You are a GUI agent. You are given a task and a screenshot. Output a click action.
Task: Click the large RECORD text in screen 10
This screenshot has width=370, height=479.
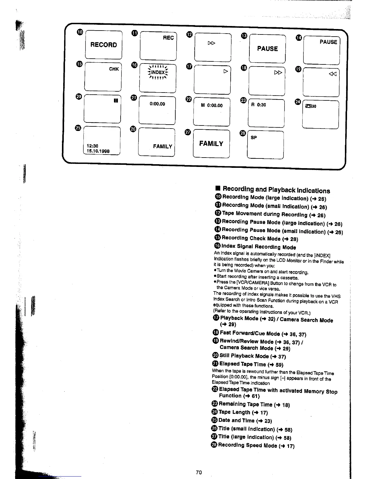click(x=103, y=45)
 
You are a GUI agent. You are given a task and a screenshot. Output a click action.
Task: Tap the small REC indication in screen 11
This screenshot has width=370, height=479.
click(x=168, y=38)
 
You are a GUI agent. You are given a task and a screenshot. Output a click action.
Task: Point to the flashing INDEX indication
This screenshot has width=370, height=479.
click(x=158, y=73)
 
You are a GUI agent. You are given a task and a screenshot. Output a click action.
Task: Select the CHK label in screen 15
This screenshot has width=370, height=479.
click(x=114, y=69)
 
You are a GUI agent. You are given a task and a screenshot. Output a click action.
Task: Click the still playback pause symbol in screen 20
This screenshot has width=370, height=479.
click(x=115, y=100)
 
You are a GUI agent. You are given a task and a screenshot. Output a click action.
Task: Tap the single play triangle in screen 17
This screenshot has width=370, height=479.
click(x=225, y=71)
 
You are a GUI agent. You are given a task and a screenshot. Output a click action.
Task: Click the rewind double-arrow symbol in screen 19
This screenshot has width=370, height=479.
click(x=333, y=74)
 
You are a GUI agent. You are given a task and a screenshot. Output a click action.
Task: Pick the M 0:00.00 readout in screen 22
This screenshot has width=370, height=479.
click(x=212, y=106)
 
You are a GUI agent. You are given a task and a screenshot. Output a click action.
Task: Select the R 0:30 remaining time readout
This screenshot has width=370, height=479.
click(x=258, y=105)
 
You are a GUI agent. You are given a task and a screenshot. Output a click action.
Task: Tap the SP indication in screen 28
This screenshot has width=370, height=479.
click(x=254, y=138)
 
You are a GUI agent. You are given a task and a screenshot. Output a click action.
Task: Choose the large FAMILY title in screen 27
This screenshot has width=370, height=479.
click(x=211, y=144)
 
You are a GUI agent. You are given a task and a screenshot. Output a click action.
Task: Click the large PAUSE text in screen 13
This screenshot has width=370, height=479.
click(x=267, y=49)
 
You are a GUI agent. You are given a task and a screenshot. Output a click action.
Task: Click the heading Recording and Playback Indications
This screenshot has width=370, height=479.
click(x=276, y=190)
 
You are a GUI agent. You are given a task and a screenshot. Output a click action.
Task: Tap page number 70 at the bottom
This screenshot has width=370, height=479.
click(x=199, y=472)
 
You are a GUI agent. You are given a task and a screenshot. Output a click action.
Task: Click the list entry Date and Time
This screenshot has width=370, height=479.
click(x=245, y=420)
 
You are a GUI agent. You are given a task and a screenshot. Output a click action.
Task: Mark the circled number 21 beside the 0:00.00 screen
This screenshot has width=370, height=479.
click(x=134, y=98)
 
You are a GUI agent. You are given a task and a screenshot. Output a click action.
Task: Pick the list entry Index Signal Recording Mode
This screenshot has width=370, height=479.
click(x=258, y=247)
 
